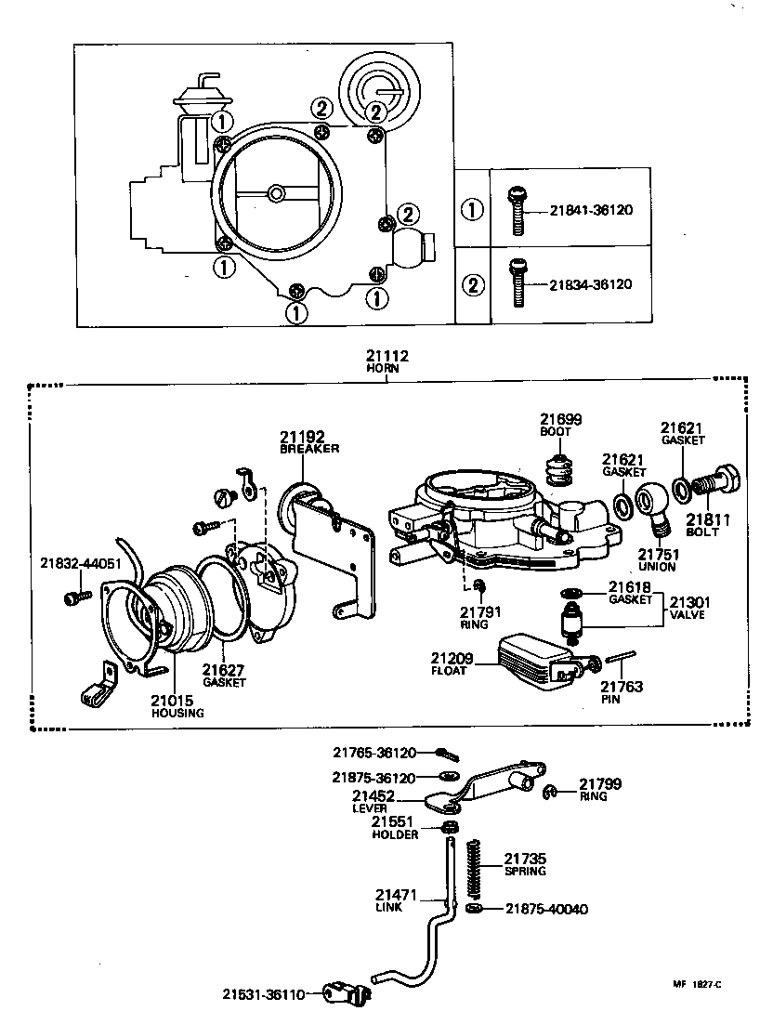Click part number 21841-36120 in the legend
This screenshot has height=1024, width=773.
coord(590,211)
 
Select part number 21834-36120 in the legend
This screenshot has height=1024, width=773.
coord(590,284)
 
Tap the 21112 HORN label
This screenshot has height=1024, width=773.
coord(387,361)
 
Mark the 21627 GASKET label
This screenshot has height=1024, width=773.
coord(224,674)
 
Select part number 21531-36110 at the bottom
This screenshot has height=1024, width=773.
coord(263,995)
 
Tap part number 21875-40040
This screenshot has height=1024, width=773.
coord(547,909)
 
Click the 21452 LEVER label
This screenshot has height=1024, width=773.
coord(373,801)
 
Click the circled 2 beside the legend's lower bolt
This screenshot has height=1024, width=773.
coord(473,284)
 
